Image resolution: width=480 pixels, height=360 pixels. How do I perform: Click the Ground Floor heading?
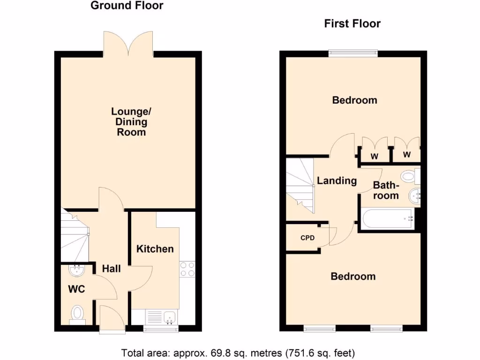coord(127,6)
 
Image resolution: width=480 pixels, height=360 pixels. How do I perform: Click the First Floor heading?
coord(352,23)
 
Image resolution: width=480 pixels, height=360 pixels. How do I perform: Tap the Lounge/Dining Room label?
coord(129,122)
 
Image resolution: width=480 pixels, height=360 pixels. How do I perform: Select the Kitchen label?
coord(155,249)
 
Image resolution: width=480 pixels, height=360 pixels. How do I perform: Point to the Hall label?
coord(112,269)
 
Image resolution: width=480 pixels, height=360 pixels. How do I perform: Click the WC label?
coord(76,289)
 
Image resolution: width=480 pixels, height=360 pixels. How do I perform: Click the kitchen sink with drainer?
coord(161,317)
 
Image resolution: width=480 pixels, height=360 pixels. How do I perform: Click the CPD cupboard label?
coord(307,238)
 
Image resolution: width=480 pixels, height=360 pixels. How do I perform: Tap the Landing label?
coord(337,180)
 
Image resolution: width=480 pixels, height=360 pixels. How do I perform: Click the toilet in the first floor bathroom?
coord(410,176)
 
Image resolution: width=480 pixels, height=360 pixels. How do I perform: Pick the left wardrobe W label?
coord(374,157)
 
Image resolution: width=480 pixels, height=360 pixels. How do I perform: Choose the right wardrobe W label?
coord(406,155)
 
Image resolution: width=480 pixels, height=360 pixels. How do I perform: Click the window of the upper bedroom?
coord(353,53)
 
